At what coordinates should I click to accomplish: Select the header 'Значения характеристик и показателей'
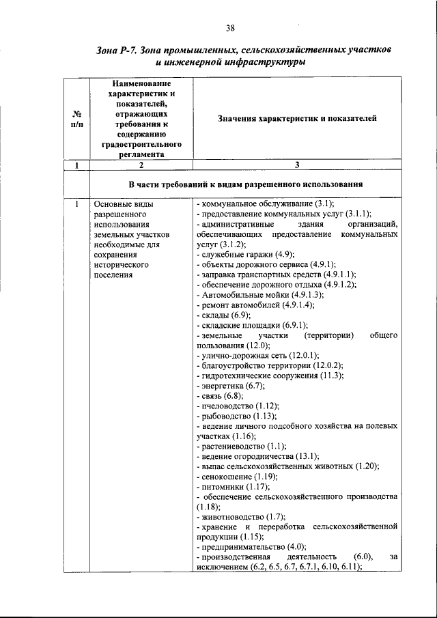click(297, 118)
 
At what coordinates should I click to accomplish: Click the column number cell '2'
click(141, 165)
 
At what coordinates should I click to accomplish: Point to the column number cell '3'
click(297, 165)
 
